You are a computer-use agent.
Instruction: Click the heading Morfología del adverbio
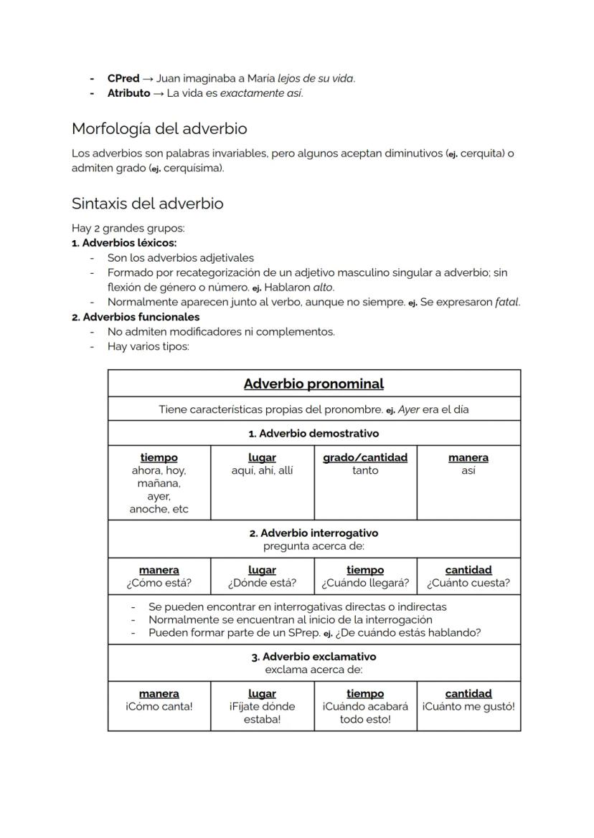pos(159,129)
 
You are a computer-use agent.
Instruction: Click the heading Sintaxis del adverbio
pos(147,204)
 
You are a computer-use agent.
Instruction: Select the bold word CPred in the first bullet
pos(123,79)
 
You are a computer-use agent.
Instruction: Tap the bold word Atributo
pos(128,93)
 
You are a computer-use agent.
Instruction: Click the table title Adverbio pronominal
pos(313,384)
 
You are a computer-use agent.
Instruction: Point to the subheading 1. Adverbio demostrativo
pos(313,434)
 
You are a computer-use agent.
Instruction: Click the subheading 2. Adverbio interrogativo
pos(313,533)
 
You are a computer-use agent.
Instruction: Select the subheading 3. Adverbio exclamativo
pos(313,657)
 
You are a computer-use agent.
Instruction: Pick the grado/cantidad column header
pos(364,457)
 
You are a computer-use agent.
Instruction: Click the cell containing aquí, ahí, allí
pos(262,471)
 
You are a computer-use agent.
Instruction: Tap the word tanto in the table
pos(364,471)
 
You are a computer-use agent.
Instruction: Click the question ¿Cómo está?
pos(159,583)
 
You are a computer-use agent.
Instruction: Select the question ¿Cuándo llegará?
pos(364,583)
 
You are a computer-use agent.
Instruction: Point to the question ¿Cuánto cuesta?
pos(468,583)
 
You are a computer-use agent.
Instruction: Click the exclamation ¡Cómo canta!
pos(159,706)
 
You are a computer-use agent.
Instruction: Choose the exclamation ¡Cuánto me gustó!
pos(468,706)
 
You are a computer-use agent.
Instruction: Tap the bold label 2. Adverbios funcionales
pos(136,317)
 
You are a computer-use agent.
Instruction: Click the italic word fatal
pos(506,302)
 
